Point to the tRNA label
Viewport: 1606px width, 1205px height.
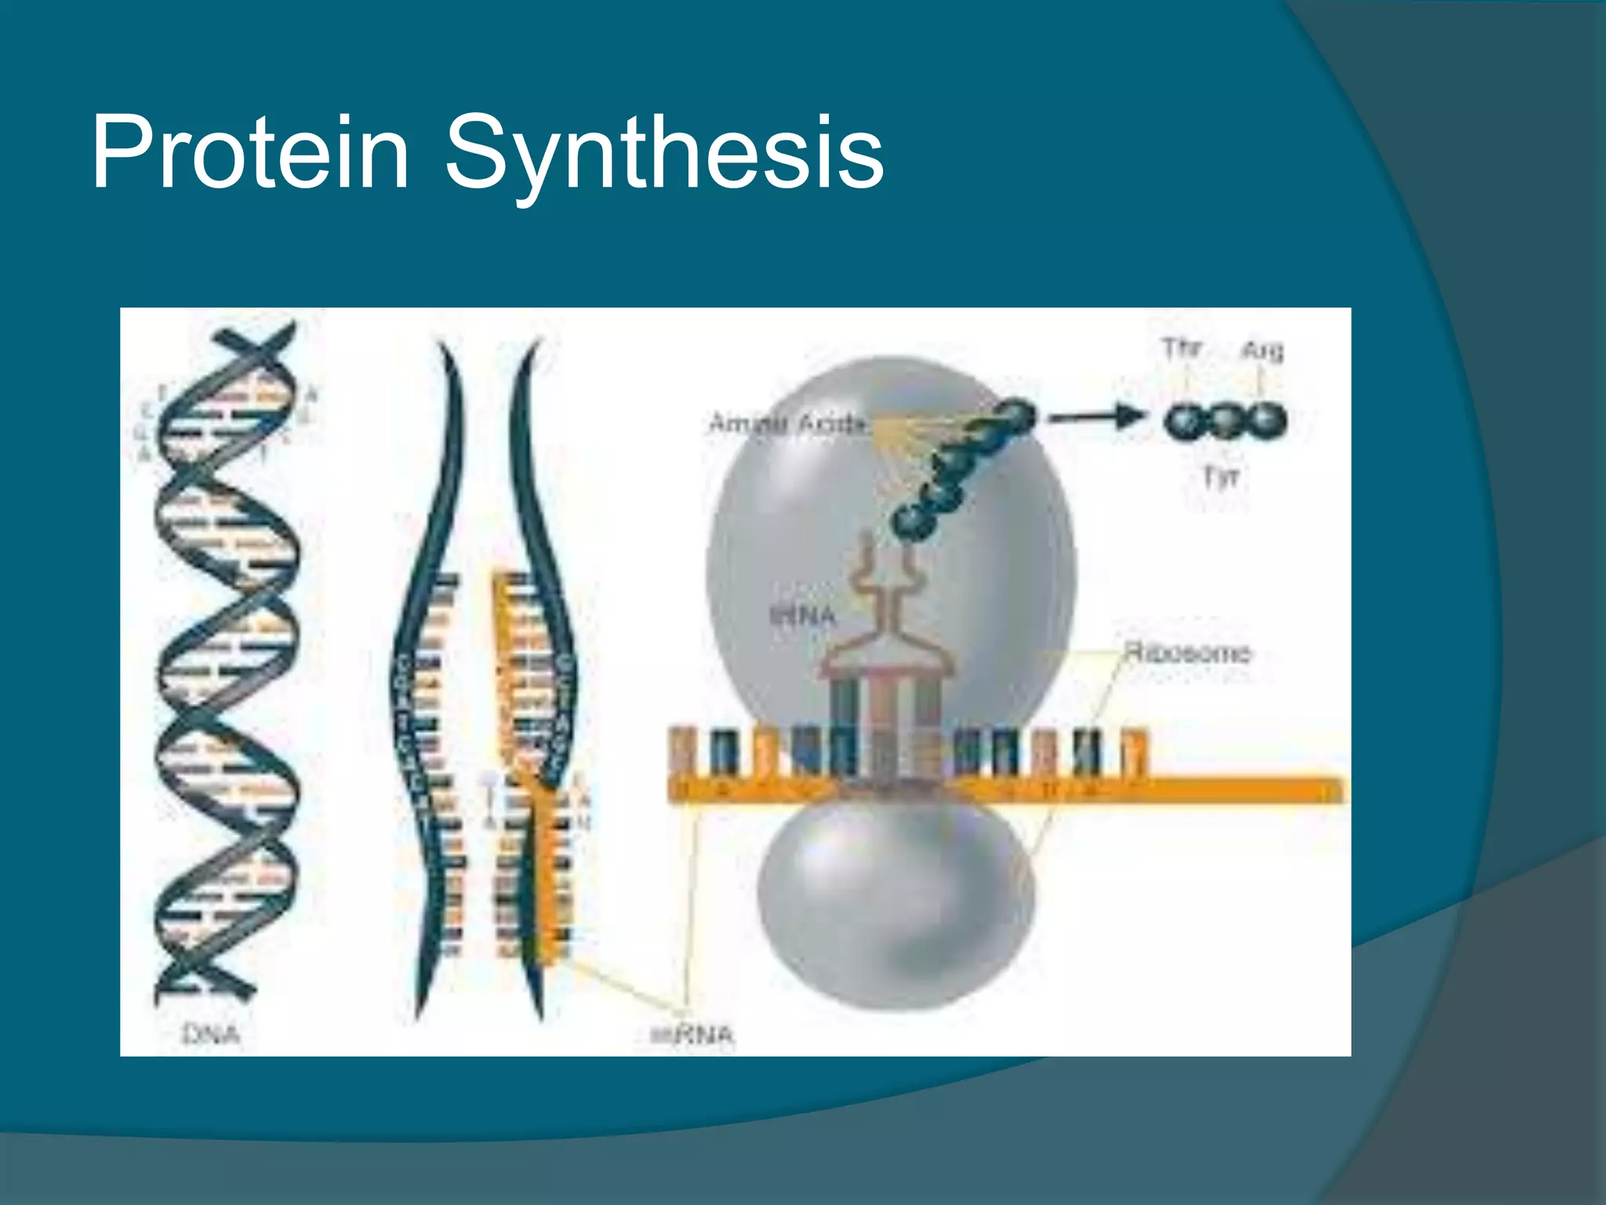click(801, 616)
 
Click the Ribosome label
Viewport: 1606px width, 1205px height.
click(1187, 653)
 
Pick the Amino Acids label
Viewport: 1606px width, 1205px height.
click(787, 424)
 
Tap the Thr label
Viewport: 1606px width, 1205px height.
click(1182, 348)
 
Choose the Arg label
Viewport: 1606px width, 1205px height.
click(1262, 350)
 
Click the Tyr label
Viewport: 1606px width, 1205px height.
click(1221, 476)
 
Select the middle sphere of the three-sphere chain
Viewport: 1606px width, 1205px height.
click(1224, 421)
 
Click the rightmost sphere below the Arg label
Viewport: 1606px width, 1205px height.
click(1264, 421)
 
